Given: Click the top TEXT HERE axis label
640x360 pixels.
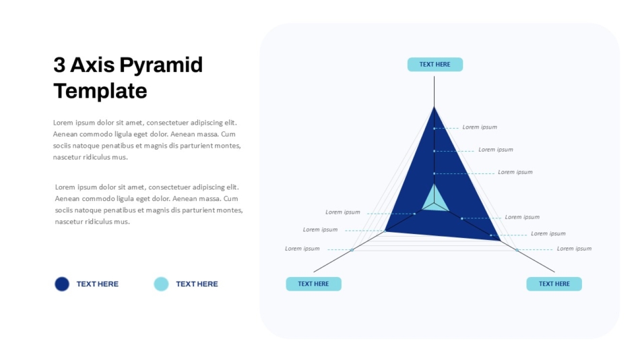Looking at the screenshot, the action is (435, 65).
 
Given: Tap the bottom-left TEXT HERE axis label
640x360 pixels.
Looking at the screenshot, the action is (313, 284).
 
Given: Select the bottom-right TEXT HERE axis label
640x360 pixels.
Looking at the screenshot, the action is (554, 284).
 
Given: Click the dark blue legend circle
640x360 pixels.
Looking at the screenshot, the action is (62, 284).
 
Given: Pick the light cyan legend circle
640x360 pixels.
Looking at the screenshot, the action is (161, 284).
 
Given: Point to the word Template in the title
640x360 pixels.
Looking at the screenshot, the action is (100, 91).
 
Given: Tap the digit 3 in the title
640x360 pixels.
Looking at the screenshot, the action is (59, 65).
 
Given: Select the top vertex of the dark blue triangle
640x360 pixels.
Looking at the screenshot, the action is (434, 107).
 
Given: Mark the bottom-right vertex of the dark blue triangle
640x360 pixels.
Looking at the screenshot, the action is (501, 240).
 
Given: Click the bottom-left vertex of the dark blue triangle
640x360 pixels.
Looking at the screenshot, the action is (385, 232).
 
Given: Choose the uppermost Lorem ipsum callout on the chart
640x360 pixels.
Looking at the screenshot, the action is (480, 127).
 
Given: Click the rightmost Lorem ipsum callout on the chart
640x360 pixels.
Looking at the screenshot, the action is (574, 249).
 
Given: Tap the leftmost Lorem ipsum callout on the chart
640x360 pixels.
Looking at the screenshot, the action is (302, 249).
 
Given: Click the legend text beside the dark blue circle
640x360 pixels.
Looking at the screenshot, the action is (98, 284).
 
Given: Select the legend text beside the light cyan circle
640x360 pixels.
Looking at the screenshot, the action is (197, 284).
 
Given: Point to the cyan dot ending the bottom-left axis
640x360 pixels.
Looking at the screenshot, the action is (352, 249).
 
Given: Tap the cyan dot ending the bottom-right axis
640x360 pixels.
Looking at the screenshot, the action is (517, 249).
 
